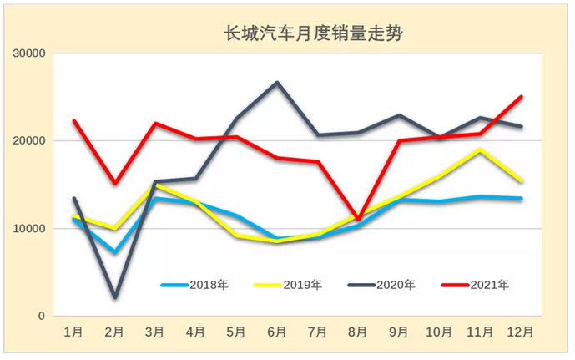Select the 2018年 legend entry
click(194, 285)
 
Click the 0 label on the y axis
click(40, 317)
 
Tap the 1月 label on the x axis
click(74, 332)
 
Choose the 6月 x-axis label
click(277, 332)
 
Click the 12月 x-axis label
click(521, 332)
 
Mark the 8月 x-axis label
click(358, 332)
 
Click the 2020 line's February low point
click(115, 297)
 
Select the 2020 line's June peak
click(277, 83)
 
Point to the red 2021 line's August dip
click(358, 220)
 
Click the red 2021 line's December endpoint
click(522, 97)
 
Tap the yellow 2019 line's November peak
click(480, 150)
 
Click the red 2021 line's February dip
click(115, 184)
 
